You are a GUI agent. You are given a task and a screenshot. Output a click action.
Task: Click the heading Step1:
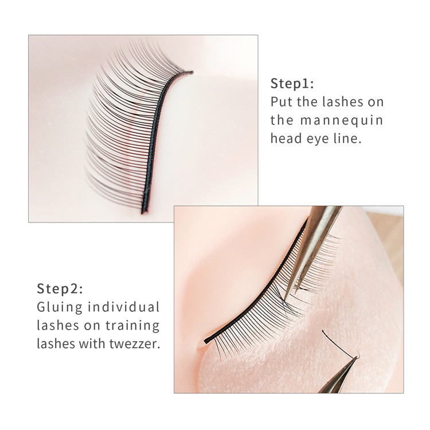point(292,83)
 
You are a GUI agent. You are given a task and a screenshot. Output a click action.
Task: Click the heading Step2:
point(60,288)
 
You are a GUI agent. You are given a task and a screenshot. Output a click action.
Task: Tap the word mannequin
point(342,121)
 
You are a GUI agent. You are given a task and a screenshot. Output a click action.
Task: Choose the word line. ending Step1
point(347,138)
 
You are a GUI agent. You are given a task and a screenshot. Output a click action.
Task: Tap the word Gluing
point(60,307)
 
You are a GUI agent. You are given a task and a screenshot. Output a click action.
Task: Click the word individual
point(123,307)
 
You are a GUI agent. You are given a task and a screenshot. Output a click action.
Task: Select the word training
point(132,326)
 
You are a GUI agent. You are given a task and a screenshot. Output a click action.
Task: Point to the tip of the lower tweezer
point(357,357)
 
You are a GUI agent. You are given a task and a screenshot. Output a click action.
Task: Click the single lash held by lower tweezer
point(339,344)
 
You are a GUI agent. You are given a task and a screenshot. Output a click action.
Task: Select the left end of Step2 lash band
point(205,342)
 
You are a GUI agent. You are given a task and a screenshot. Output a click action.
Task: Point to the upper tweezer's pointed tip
point(284,299)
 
